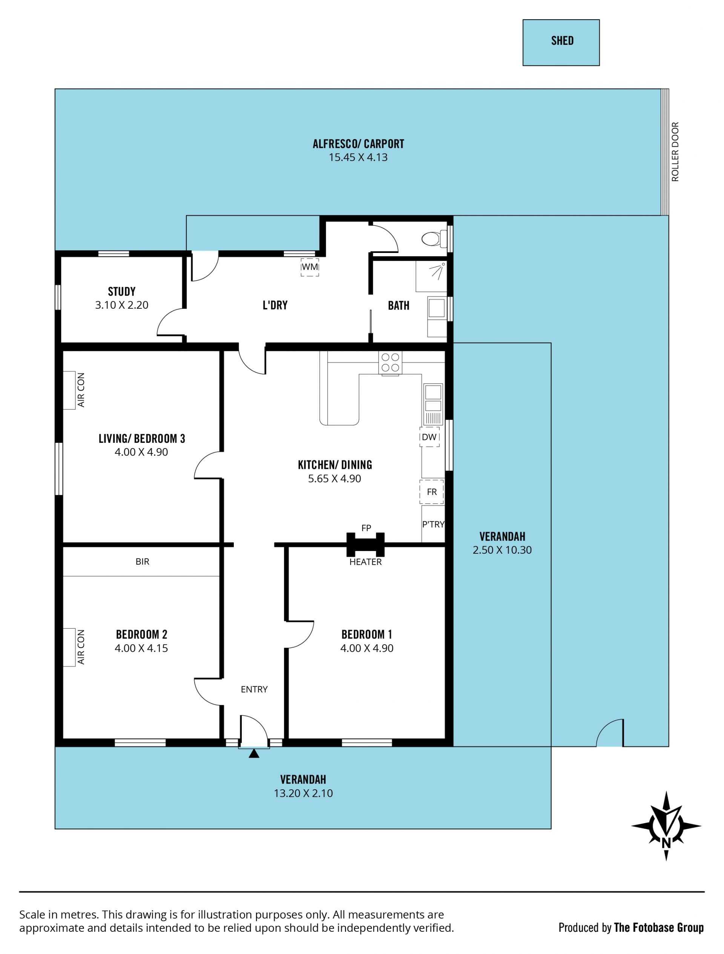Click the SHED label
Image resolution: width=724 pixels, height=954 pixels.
point(562,41)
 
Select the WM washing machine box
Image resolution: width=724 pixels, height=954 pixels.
point(309,267)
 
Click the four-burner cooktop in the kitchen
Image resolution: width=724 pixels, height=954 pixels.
point(390,362)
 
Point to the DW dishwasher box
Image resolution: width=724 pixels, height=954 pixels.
point(429,437)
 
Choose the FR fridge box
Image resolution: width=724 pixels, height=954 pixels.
point(431,492)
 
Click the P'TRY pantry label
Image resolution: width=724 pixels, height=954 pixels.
point(433,524)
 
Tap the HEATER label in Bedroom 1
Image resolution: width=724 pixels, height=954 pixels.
point(365,562)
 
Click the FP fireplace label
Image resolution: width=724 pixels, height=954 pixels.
point(366,528)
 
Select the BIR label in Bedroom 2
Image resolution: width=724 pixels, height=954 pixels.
point(143,562)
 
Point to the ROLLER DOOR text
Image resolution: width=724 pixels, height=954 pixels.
point(675,152)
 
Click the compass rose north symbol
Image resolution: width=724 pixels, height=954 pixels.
point(666,826)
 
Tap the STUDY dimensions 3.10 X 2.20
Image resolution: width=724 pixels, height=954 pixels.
point(122,305)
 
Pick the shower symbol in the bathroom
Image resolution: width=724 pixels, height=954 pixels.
point(431,276)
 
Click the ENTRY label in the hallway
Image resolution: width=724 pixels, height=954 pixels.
point(254,689)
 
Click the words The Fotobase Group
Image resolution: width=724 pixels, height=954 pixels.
point(659,927)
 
